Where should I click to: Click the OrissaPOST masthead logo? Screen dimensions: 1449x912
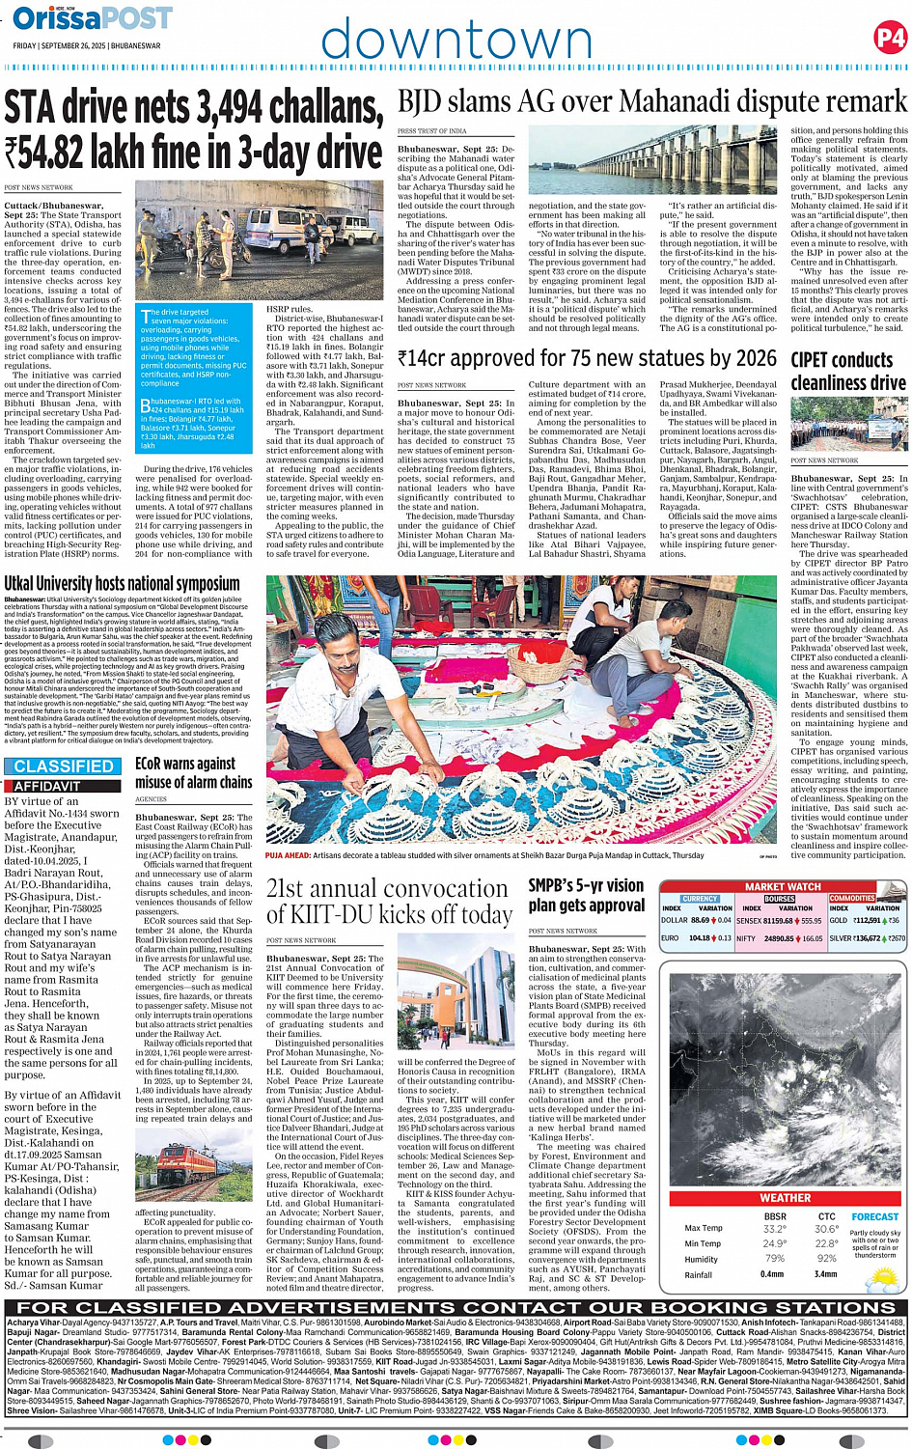92,18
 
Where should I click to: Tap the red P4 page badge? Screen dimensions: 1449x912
889,38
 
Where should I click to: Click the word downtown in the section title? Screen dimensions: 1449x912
456,40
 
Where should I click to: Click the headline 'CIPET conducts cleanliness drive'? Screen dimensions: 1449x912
847,371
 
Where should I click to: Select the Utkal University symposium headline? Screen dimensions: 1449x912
123,583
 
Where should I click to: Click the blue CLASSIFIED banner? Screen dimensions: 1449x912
64,766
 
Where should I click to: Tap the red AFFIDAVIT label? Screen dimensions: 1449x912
47,787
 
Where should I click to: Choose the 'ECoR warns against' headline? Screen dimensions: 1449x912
186,764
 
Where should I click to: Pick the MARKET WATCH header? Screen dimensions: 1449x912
783,886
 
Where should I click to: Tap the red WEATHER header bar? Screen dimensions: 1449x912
786,1197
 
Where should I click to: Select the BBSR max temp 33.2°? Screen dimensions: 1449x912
773,1229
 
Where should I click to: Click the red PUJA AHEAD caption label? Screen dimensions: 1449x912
288,855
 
